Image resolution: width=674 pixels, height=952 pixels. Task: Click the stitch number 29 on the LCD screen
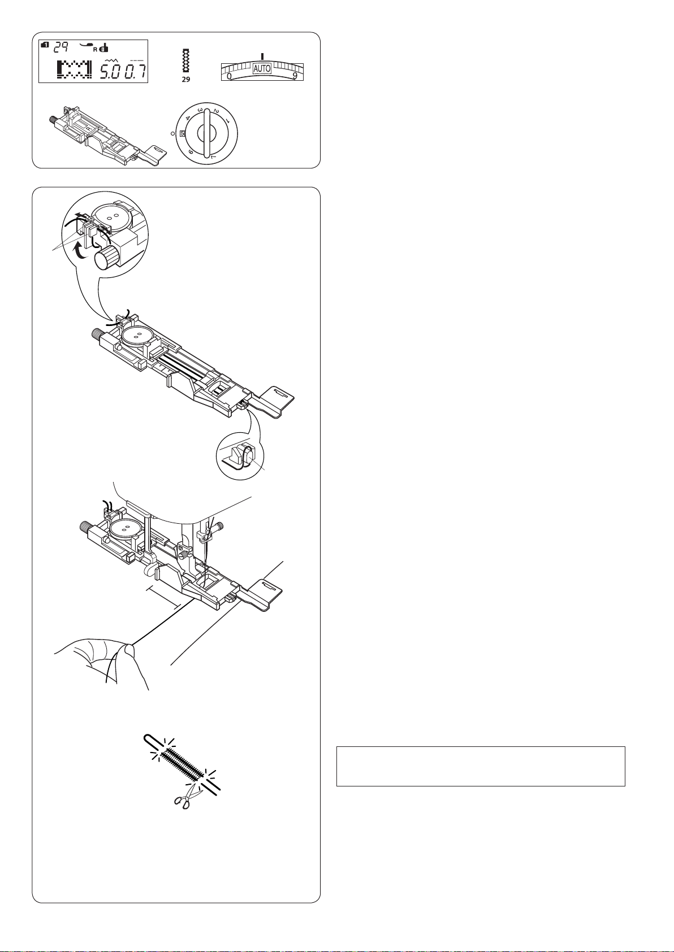tap(62, 47)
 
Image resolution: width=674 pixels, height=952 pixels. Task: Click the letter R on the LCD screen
tap(95, 49)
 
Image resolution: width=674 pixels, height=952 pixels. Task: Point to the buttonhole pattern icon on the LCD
tap(74, 70)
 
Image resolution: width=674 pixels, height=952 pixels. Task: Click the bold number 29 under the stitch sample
tap(186, 80)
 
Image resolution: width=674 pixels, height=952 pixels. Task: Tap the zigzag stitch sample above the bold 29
tap(185, 61)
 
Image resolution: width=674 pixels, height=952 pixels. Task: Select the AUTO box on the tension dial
tap(262, 68)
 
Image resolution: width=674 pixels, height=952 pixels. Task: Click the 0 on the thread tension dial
tap(229, 76)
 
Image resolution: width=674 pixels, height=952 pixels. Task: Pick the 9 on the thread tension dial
tap(295, 76)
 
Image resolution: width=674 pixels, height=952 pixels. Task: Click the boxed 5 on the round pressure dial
tap(183, 133)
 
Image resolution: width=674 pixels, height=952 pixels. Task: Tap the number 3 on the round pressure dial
tap(200, 110)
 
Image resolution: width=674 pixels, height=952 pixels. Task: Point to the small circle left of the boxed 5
tap(172, 133)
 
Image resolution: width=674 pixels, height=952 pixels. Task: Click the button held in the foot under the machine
tap(124, 529)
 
